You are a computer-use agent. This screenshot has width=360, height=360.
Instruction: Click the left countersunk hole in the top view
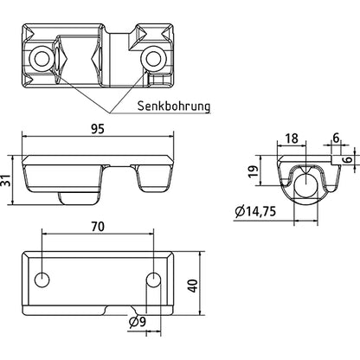39,58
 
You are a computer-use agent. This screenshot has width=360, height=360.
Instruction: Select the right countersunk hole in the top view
154,59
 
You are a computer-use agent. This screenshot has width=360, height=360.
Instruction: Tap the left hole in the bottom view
40,281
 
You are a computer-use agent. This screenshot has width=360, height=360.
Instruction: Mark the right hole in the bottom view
152,281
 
